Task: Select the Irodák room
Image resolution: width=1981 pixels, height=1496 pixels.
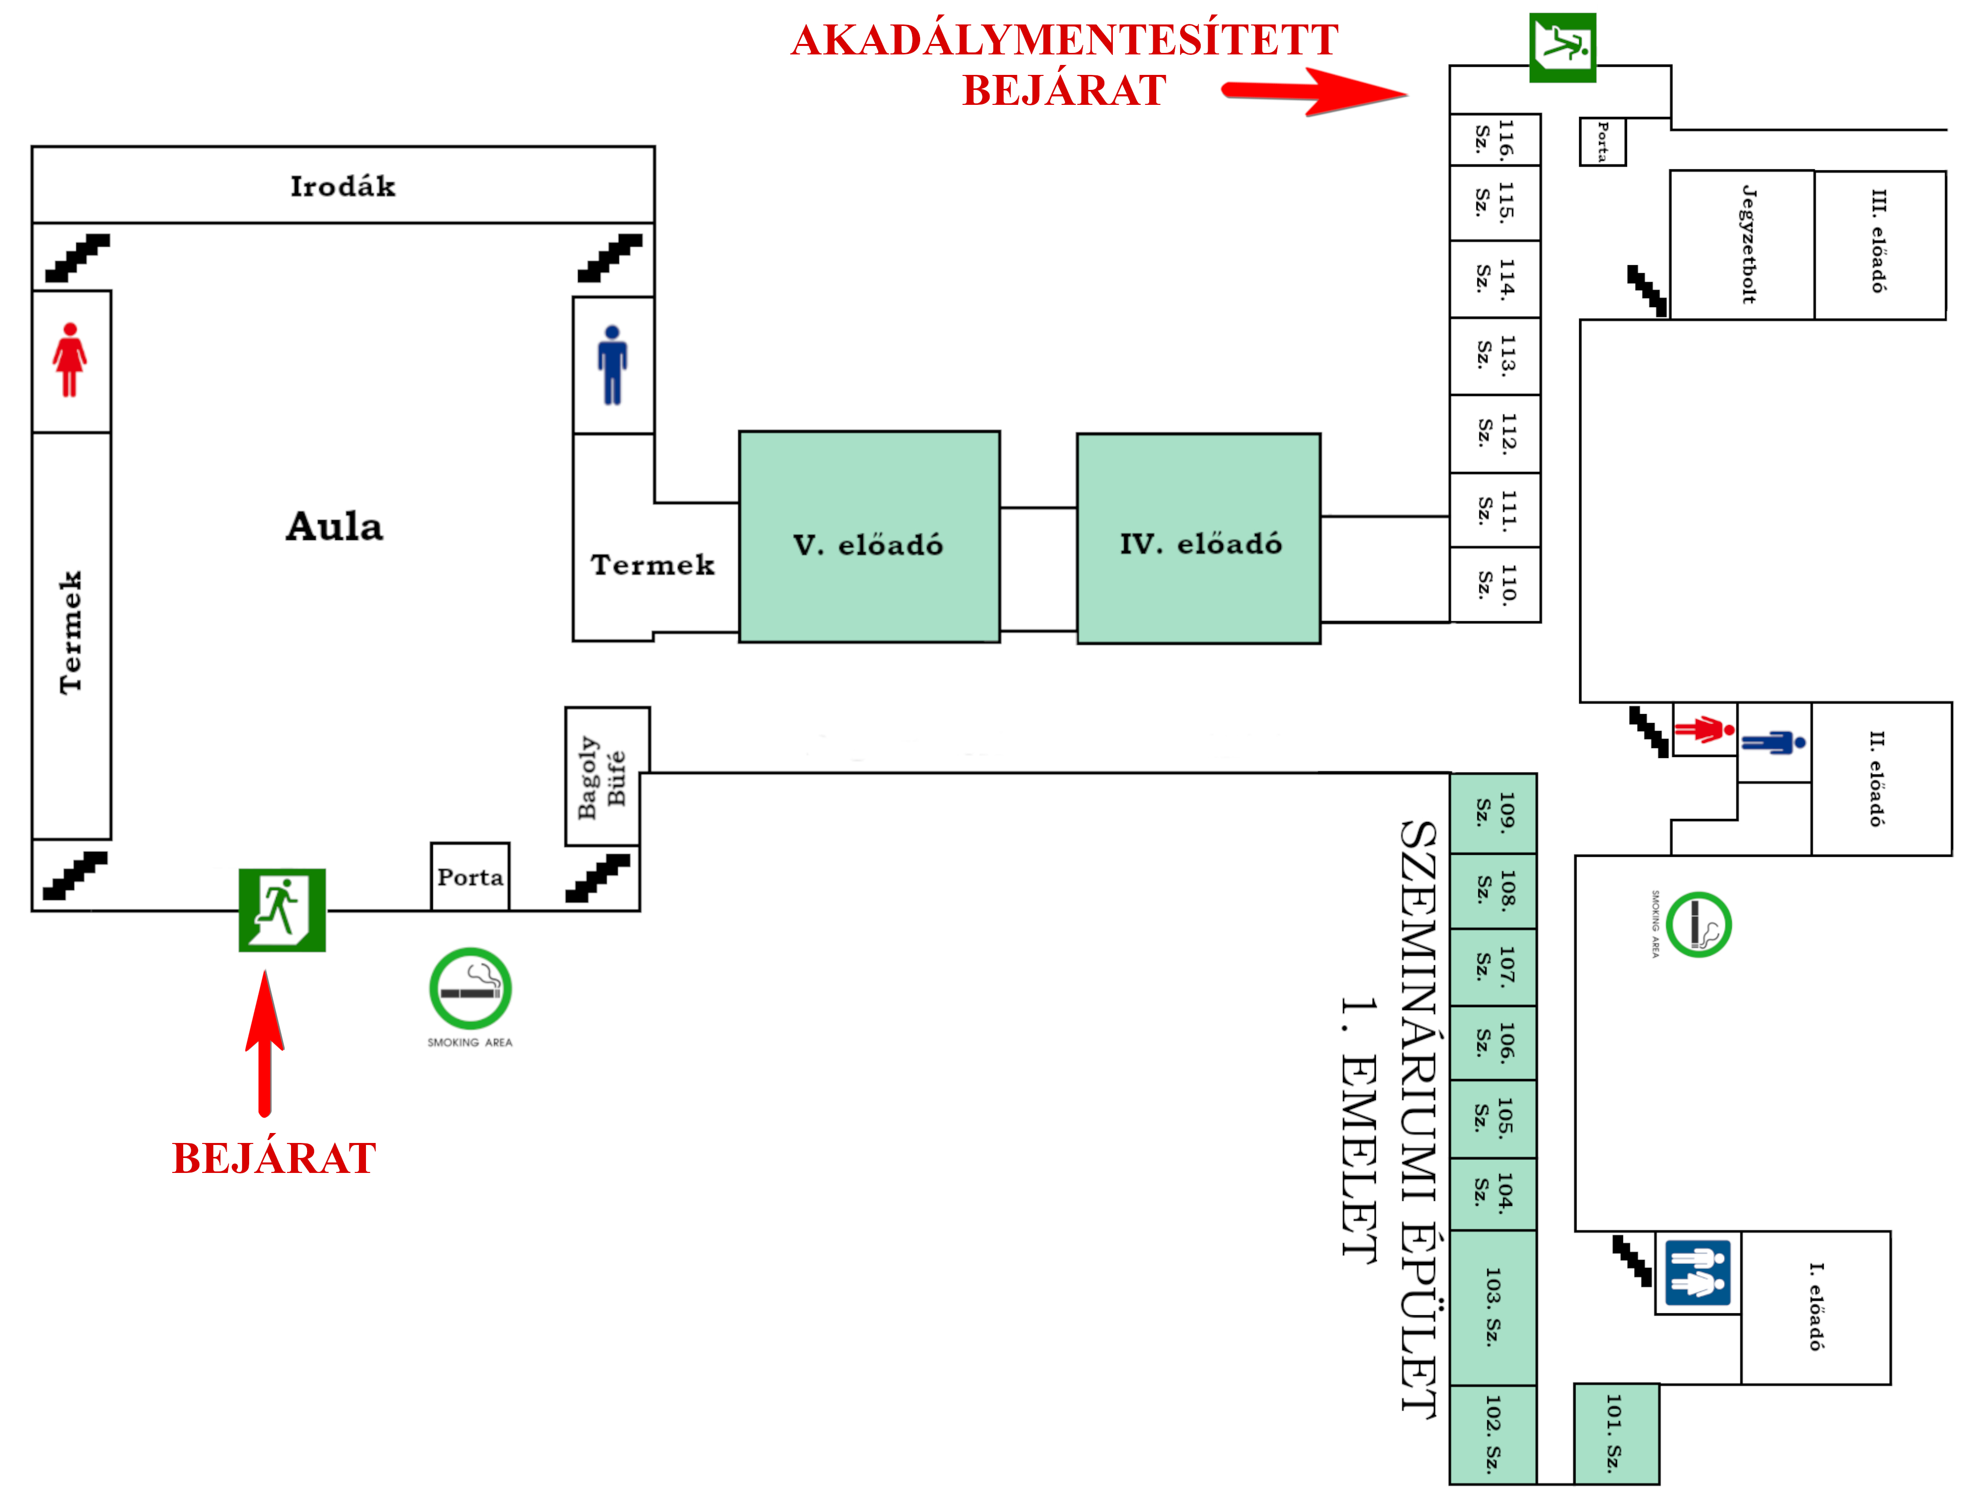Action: [343, 185]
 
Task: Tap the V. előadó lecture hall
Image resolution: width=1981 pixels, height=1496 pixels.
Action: [869, 537]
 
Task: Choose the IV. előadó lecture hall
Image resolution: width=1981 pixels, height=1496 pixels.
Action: [1198, 538]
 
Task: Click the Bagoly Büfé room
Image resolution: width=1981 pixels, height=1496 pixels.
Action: [607, 776]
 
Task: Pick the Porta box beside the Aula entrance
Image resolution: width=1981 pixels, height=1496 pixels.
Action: [470, 877]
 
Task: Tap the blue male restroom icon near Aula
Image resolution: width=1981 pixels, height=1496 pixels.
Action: [613, 366]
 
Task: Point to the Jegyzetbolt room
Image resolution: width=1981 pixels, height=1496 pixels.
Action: [1743, 245]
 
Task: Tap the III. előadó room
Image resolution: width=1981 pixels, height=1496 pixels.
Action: [1880, 245]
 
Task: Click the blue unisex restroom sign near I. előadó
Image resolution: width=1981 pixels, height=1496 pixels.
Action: [1698, 1273]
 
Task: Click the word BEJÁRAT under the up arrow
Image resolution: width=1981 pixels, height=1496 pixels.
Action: [274, 1158]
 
